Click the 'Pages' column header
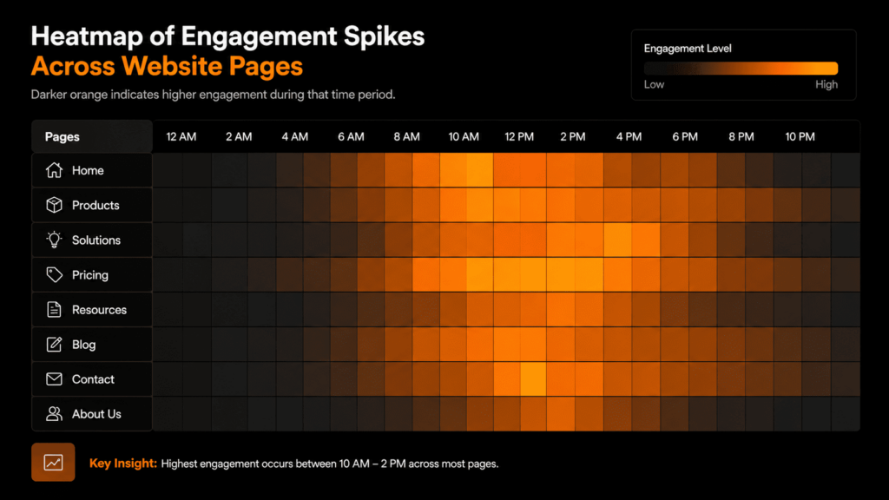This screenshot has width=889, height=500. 62,137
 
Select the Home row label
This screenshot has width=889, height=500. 88,171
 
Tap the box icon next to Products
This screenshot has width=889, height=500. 54,206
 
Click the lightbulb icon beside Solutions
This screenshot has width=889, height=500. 54,240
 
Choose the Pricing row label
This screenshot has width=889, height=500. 90,275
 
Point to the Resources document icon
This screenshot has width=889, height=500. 54,310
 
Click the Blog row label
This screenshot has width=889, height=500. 84,345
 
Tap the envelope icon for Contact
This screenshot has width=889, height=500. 54,379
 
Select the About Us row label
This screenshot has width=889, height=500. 96,414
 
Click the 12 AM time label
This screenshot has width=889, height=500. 181,137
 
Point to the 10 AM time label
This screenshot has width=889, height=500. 464,137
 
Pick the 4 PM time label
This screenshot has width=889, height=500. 629,137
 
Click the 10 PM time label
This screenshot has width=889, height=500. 800,137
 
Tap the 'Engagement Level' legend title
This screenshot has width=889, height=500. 688,49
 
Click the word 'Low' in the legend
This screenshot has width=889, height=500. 654,85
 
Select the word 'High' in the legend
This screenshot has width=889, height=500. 826,85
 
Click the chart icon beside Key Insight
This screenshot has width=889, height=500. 53,463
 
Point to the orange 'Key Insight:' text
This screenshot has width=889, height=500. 123,464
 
